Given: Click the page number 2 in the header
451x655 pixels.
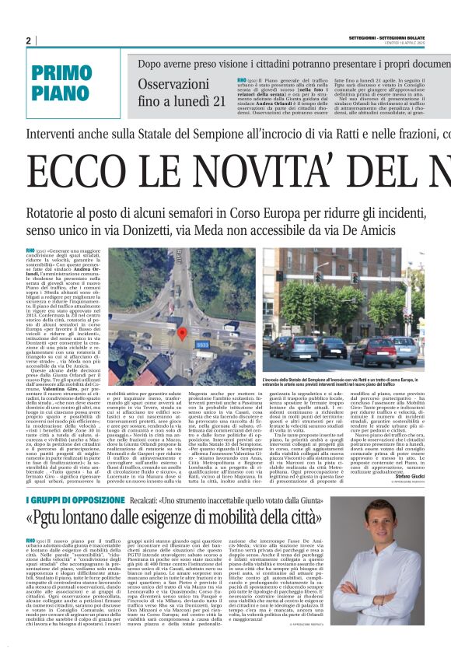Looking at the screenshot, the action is click(28, 40).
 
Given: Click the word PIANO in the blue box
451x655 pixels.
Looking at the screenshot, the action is click(61, 94).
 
